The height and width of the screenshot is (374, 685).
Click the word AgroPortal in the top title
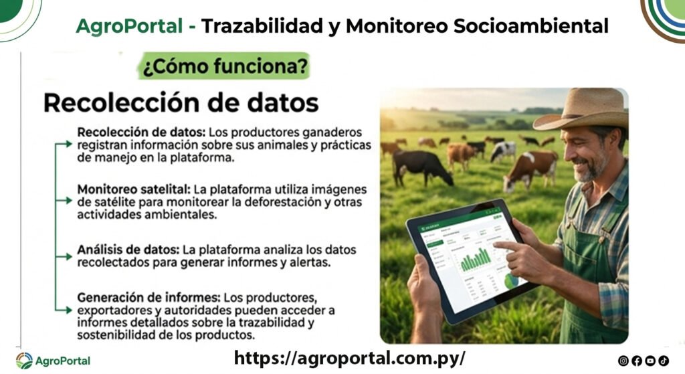pyautogui.click(x=129, y=26)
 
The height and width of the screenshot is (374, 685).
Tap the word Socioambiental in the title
pyautogui.click(x=530, y=26)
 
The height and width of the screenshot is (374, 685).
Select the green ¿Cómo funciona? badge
pyautogui.click(x=225, y=66)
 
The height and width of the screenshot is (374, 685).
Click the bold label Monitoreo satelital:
pyautogui.click(x=134, y=189)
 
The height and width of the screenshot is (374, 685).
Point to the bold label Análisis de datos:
pyautogui.click(x=128, y=250)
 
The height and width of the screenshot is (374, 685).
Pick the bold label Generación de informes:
pyautogui.click(x=149, y=298)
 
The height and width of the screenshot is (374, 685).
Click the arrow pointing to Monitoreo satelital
pyautogui.click(x=64, y=201)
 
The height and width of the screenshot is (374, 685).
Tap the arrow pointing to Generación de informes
pyautogui.click(x=64, y=310)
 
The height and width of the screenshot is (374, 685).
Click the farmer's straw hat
pyautogui.click(x=581, y=109)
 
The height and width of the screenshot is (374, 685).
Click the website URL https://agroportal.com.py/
pyautogui.click(x=349, y=358)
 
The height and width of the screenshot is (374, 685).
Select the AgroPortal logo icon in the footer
pyautogui.click(x=25, y=361)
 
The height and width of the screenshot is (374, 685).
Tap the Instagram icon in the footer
pyautogui.click(x=623, y=361)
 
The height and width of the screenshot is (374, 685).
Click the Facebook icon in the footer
pyautogui.click(x=637, y=361)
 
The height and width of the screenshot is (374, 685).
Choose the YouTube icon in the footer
pyautogui.click(x=650, y=361)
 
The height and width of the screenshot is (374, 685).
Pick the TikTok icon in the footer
pyautogui.click(x=664, y=361)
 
